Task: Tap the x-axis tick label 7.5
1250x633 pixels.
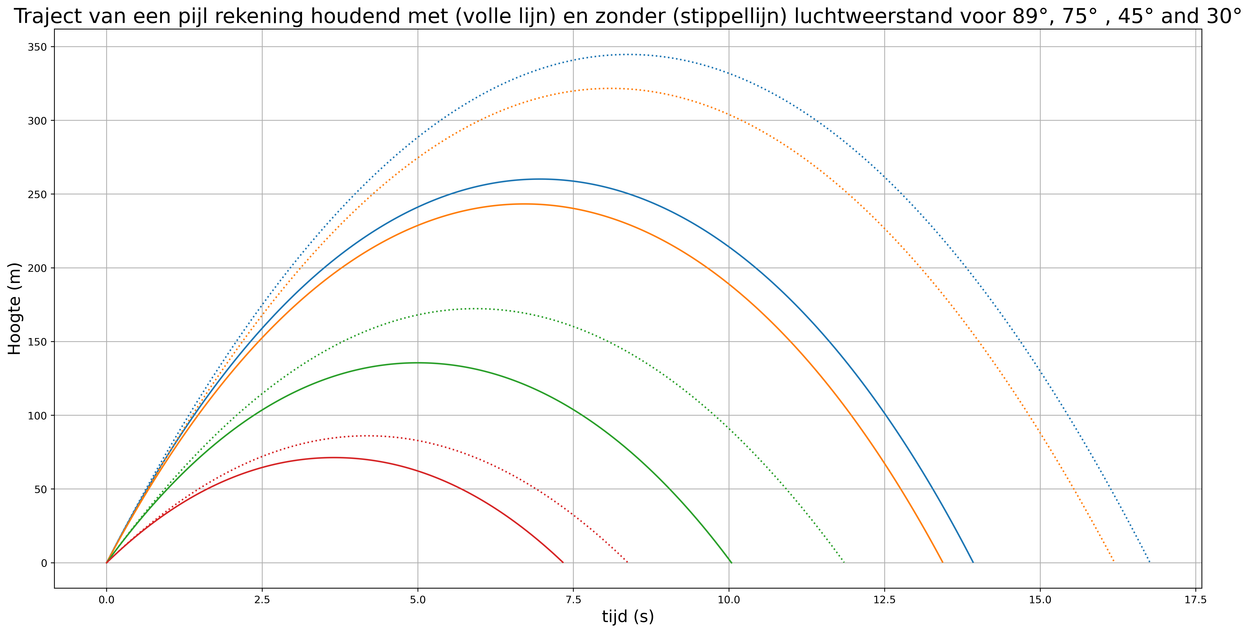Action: tap(573, 600)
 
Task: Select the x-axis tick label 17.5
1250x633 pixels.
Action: tap(1195, 600)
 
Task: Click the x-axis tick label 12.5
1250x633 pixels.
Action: tap(884, 600)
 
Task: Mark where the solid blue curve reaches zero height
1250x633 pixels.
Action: tap(973, 563)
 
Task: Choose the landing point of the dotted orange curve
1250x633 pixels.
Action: tap(1114, 563)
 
